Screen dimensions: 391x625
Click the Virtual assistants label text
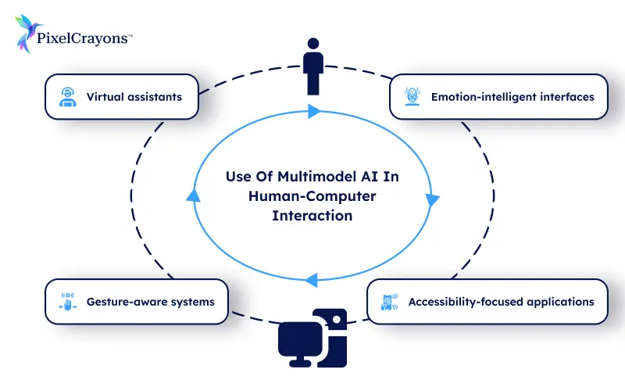click(134, 97)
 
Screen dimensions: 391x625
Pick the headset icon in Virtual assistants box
click(67, 97)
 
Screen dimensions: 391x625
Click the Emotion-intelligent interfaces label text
click(512, 97)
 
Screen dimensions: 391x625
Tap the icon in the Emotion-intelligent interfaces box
click(411, 97)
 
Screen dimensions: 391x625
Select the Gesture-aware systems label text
click(150, 301)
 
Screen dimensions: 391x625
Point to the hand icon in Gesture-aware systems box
click(67, 301)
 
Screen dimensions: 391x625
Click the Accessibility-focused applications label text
click(501, 301)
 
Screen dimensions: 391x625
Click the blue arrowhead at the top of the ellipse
click(314, 111)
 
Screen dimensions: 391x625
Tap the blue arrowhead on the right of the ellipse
click(432, 200)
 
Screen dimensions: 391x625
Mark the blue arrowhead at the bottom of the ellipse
click(311, 278)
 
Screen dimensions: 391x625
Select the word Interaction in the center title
click(312, 215)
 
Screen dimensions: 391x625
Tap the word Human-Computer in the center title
click(312, 196)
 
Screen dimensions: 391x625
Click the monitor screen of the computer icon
click(300, 335)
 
